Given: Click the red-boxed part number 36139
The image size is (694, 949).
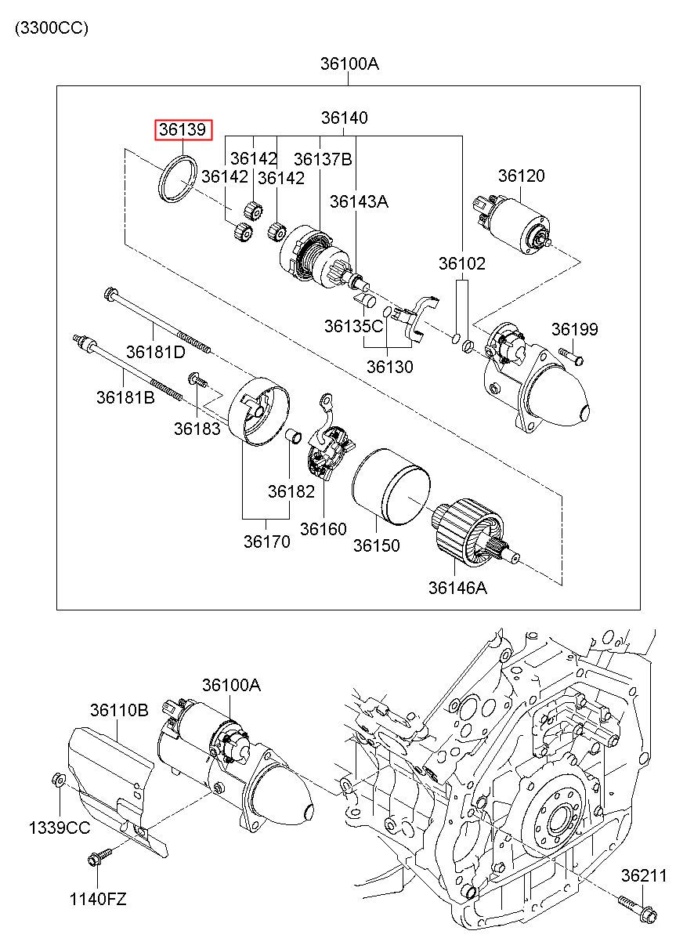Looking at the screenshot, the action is pyautogui.click(x=183, y=129).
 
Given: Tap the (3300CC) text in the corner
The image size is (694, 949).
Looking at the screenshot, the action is pyautogui.click(x=52, y=28).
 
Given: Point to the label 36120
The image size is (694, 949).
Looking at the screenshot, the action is pyautogui.click(x=521, y=176).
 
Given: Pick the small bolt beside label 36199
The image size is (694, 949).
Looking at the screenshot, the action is pyautogui.click(x=572, y=356).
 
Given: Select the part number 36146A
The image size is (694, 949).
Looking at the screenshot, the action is pyautogui.click(x=457, y=588).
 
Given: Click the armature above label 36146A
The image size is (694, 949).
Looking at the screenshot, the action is pyautogui.click(x=476, y=534).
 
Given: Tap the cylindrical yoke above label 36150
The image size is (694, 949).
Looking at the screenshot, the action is pyautogui.click(x=391, y=487).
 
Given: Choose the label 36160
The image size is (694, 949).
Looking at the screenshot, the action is pyautogui.click(x=323, y=529).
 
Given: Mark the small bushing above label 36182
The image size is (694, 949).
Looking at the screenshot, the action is pyautogui.click(x=293, y=436).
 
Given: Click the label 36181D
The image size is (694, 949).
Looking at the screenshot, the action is pyautogui.click(x=155, y=352).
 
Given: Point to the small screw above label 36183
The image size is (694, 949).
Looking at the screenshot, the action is pyautogui.click(x=197, y=379).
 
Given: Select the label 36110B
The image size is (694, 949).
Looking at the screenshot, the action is pyautogui.click(x=119, y=710).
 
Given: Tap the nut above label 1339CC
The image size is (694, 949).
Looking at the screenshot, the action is pyautogui.click(x=58, y=778).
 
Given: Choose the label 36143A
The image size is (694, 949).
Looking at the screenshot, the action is pyautogui.click(x=359, y=201).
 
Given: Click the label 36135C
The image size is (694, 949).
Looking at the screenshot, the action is pyautogui.click(x=353, y=326).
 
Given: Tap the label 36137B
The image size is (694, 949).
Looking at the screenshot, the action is pyautogui.click(x=323, y=159).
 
